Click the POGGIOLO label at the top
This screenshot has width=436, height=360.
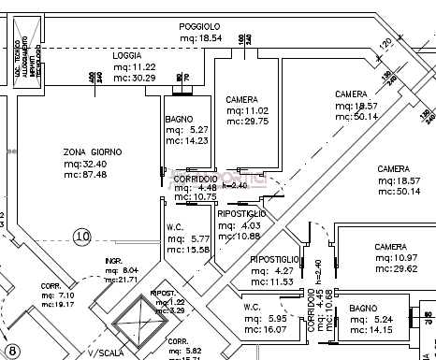click(199, 26)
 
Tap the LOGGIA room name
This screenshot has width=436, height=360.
click(126, 56)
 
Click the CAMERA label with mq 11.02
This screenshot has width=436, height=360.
click(241, 99)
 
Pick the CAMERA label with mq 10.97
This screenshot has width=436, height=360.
click(390, 247)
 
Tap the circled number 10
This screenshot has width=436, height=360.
click(82, 237)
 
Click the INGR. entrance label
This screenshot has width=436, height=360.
click(115, 261)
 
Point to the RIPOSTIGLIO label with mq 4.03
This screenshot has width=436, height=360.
click(241, 214)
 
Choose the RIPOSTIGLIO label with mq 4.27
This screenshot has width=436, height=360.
click(274, 259)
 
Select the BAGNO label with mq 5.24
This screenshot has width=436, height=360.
click(363, 307)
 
